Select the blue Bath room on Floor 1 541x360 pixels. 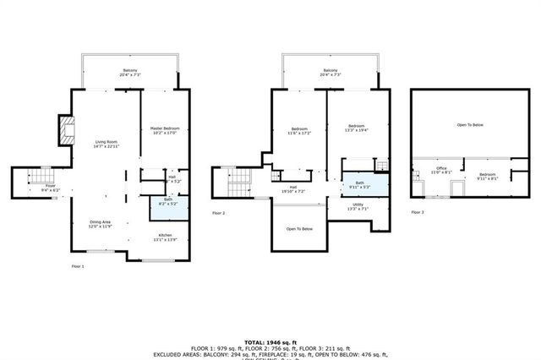click(x=167, y=201)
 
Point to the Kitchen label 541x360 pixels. click(x=166, y=237)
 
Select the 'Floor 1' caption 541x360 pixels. click(x=78, y=265)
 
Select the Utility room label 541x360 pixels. click(x=358, y=206)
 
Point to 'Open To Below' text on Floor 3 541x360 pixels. click(x=470, y=125)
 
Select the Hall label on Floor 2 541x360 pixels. click(x=293, y=188)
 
